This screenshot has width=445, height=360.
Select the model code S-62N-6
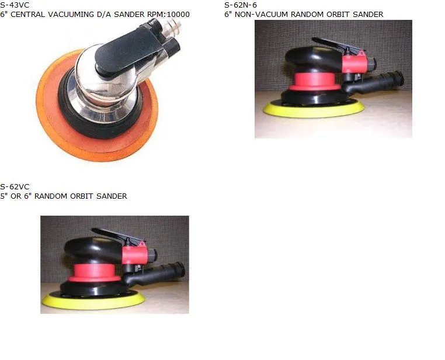pos(241,5)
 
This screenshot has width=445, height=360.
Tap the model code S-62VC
pos(15,187)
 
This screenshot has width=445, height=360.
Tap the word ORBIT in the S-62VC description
pos(79,196)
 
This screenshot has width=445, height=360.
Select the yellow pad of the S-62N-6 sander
pos(312,110)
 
